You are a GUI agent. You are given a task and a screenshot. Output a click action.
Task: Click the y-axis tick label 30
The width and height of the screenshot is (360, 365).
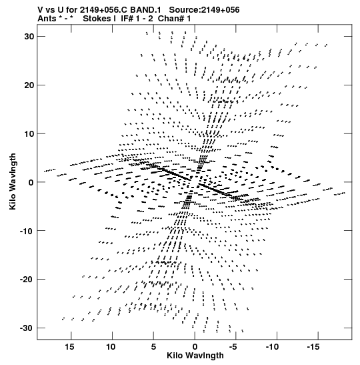click(29, 37)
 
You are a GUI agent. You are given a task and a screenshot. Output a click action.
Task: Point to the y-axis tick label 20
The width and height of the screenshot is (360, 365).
click(29, 85)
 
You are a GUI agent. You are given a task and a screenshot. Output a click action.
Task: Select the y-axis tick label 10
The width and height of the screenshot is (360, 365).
click(29, 134)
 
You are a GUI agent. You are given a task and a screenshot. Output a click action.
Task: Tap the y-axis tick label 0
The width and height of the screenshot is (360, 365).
click(31, 182)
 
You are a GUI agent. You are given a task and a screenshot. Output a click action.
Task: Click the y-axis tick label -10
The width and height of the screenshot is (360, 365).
click(27, 231)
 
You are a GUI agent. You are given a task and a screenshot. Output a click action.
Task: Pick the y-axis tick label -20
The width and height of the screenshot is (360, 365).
click(27, 280)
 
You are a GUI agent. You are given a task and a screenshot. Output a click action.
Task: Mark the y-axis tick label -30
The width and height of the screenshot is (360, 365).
click(27, 328)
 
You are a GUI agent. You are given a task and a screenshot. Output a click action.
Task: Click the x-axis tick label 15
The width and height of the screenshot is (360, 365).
click(69, 347)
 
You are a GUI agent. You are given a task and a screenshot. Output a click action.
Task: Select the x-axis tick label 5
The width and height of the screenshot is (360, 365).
click(153, 347)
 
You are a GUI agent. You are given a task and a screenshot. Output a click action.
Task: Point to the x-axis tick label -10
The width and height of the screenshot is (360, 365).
click(272, 347)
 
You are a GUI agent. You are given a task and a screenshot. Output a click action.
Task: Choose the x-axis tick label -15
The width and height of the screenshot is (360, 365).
click(313, 347)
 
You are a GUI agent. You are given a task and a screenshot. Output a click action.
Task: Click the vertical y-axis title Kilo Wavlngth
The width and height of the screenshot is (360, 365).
click(13, 181)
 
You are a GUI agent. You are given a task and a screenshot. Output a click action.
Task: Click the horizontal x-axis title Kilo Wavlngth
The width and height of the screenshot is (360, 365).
click(195, 356)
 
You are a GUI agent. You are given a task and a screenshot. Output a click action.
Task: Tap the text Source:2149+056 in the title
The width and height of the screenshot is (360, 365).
click(204, 10)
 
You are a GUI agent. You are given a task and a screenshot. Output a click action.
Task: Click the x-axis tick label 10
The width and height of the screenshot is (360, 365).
click(111, 347)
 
